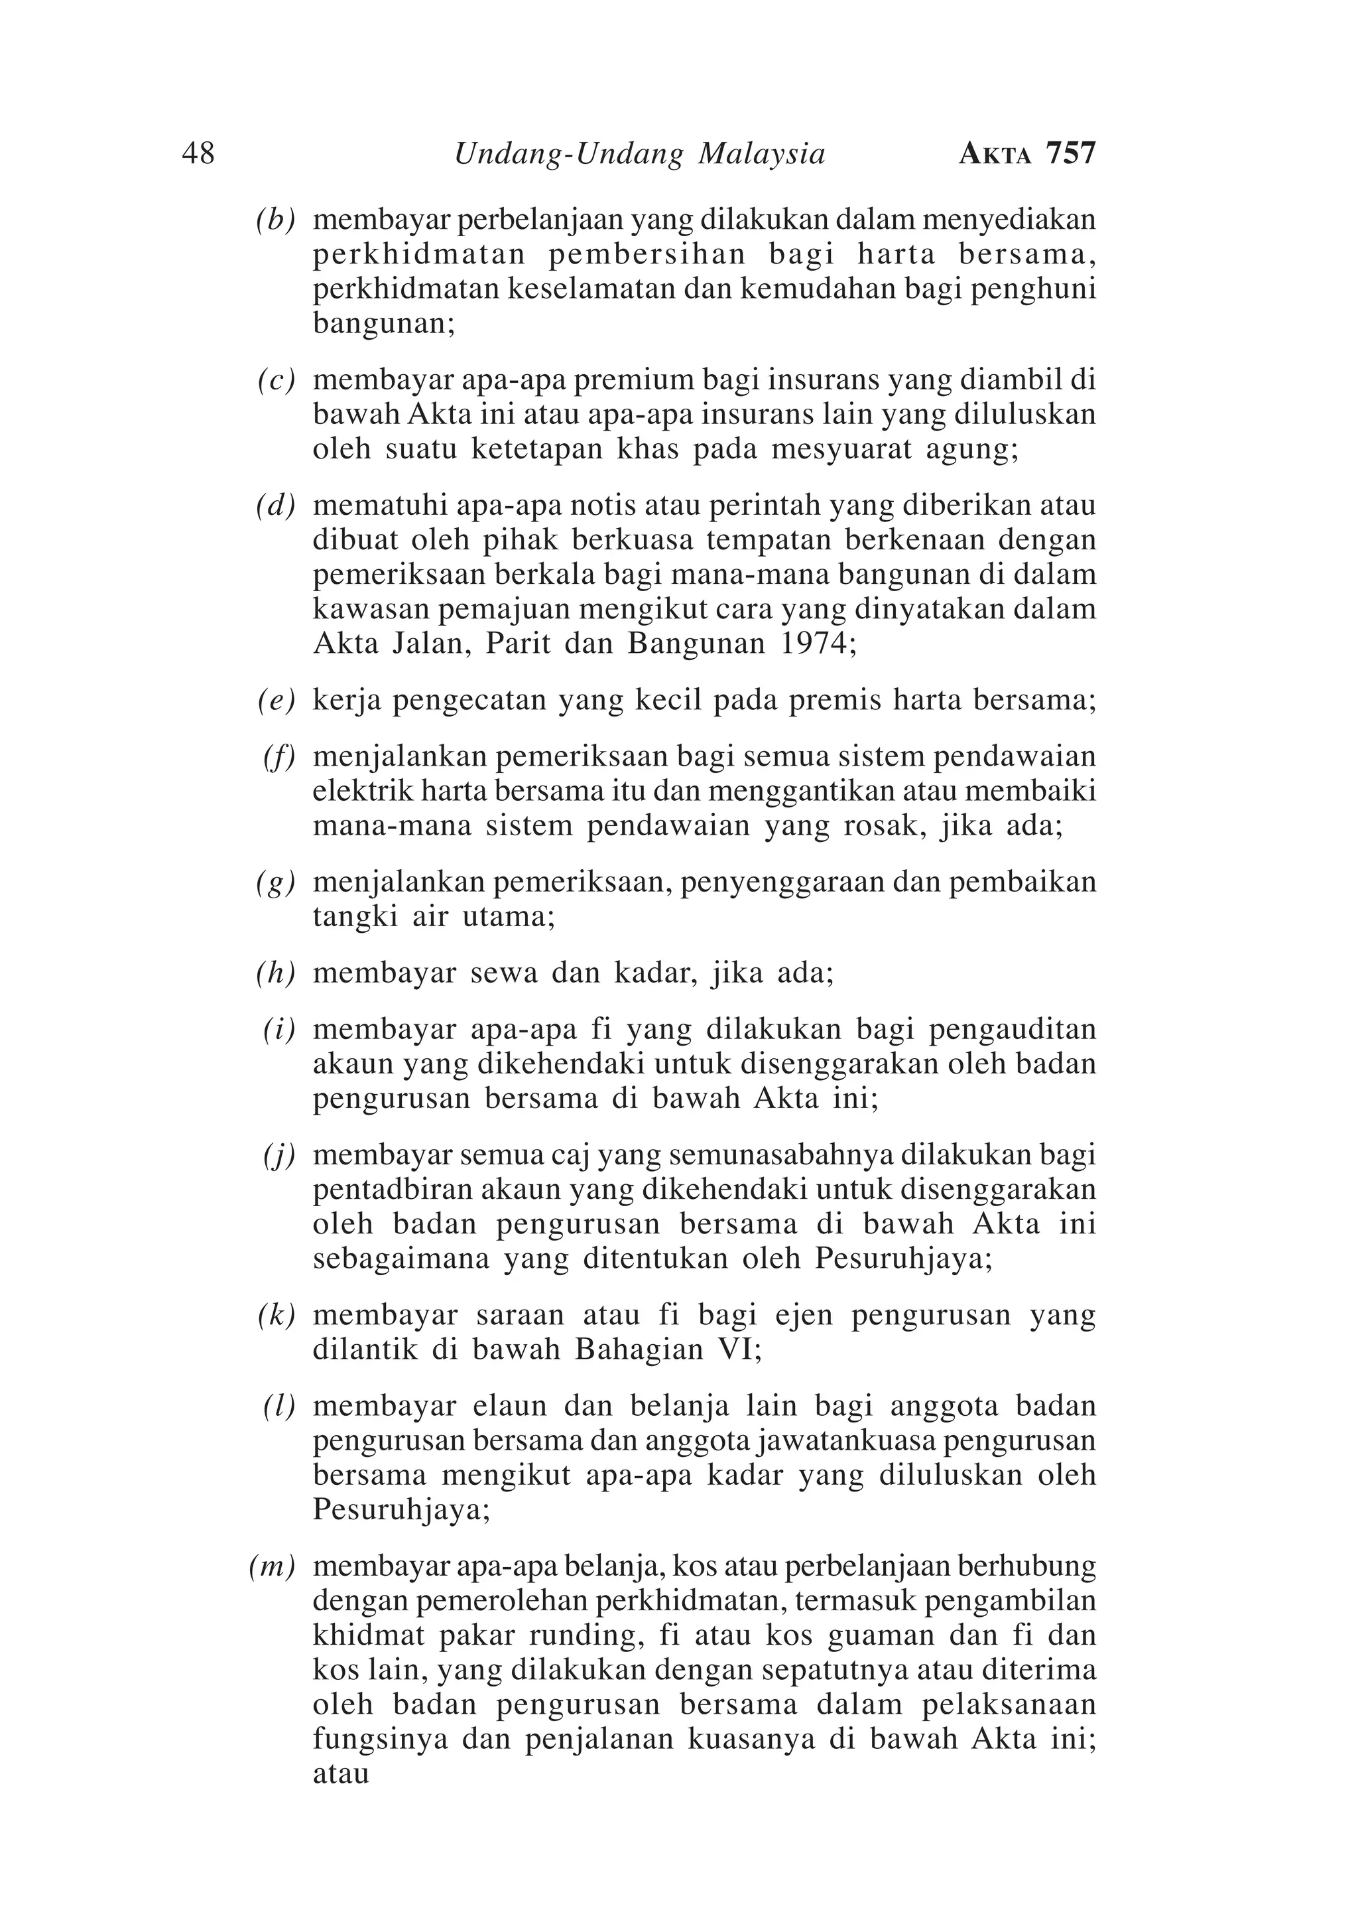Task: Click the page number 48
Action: coord(198,154)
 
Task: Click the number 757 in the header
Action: coord(1071,154)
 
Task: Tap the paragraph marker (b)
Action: coord(276,220)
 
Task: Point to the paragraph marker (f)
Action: coord(279,758)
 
